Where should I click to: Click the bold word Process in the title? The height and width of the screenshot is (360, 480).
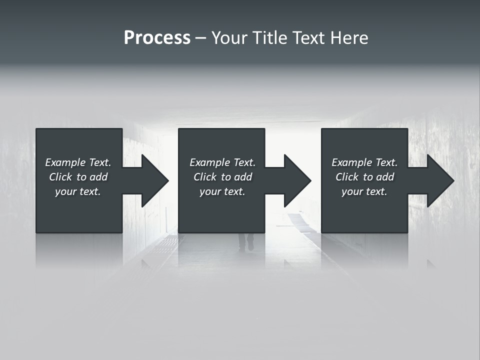pos(157,38)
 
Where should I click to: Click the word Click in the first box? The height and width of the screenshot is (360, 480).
pos(60,177)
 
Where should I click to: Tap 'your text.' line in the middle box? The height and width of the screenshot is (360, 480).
pos(222,191)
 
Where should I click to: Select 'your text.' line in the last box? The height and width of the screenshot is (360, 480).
pos(364,191)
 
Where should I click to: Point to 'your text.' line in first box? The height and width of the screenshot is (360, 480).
pos(78,191)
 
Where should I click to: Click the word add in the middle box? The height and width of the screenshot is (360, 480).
pos(243,177)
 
